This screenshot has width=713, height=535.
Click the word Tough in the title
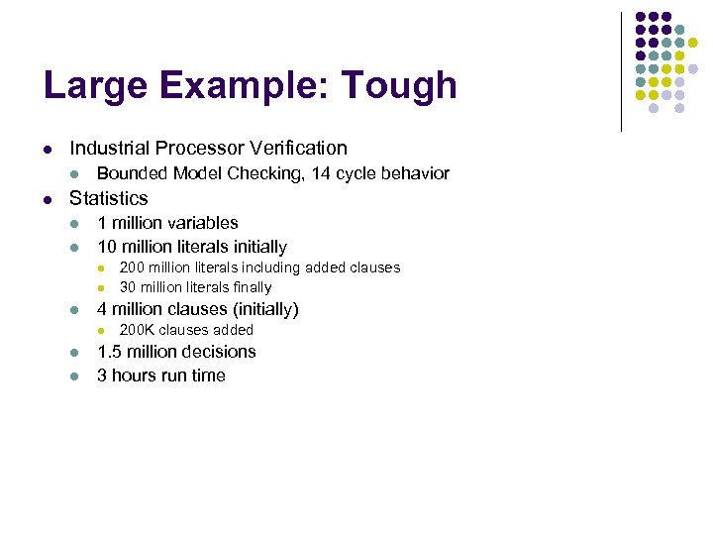pos(400,86)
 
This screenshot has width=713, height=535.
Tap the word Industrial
pos(109,149)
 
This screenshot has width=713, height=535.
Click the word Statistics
pos(108,198)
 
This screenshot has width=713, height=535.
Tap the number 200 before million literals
pos(132,267)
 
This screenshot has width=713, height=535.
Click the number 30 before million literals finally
pos(128,287)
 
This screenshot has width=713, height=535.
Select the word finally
pos(251,287)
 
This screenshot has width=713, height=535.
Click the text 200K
pos(137,330)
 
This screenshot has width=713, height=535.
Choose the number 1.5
pos(109,352)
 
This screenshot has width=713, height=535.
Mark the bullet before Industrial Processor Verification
pos(47,150)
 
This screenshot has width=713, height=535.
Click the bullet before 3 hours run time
pos(74,376)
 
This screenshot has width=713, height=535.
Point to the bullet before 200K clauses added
pos(99,331)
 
